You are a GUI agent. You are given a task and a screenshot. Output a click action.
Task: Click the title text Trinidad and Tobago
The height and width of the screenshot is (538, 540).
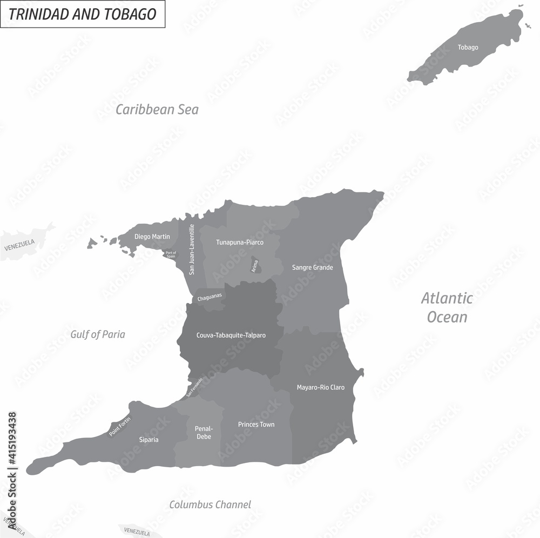(83, 14)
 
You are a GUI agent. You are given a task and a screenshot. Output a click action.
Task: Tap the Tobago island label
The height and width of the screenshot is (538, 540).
(468, 48)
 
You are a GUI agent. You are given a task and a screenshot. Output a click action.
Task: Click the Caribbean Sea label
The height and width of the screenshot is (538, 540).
(157, 110)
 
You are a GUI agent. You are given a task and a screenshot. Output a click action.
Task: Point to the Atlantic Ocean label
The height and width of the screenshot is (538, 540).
(447, 307)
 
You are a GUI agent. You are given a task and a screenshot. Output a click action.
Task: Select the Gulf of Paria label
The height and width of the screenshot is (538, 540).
(98, 334)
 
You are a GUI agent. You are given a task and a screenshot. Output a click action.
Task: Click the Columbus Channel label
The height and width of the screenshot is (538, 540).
(210, 505)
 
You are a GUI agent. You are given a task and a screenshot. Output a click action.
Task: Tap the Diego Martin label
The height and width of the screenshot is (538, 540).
(152, 237)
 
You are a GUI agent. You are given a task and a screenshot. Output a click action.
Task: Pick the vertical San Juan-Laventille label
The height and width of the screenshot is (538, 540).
(192, 250)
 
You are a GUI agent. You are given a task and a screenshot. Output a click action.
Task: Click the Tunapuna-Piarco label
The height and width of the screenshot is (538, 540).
(240, 243)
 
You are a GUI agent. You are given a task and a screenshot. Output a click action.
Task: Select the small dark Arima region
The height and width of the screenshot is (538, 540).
(256, 266)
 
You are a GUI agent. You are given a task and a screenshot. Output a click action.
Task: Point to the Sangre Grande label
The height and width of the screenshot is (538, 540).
(313, 267)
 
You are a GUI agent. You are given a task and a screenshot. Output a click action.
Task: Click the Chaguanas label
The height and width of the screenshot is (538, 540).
(210, 298)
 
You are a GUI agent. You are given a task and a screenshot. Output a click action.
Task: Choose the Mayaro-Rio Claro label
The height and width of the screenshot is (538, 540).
(321, 387)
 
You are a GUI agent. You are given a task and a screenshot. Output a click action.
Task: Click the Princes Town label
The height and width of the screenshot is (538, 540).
(256, 425)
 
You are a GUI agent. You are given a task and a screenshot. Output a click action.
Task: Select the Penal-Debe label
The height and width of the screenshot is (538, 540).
(204, 433)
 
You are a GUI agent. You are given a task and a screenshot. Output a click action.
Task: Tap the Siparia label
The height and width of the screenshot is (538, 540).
(148, 440)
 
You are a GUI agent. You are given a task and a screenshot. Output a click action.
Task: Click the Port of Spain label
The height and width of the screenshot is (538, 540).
(171, 254)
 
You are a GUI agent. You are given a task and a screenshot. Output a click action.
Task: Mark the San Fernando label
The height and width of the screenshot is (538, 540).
(194, 387)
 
